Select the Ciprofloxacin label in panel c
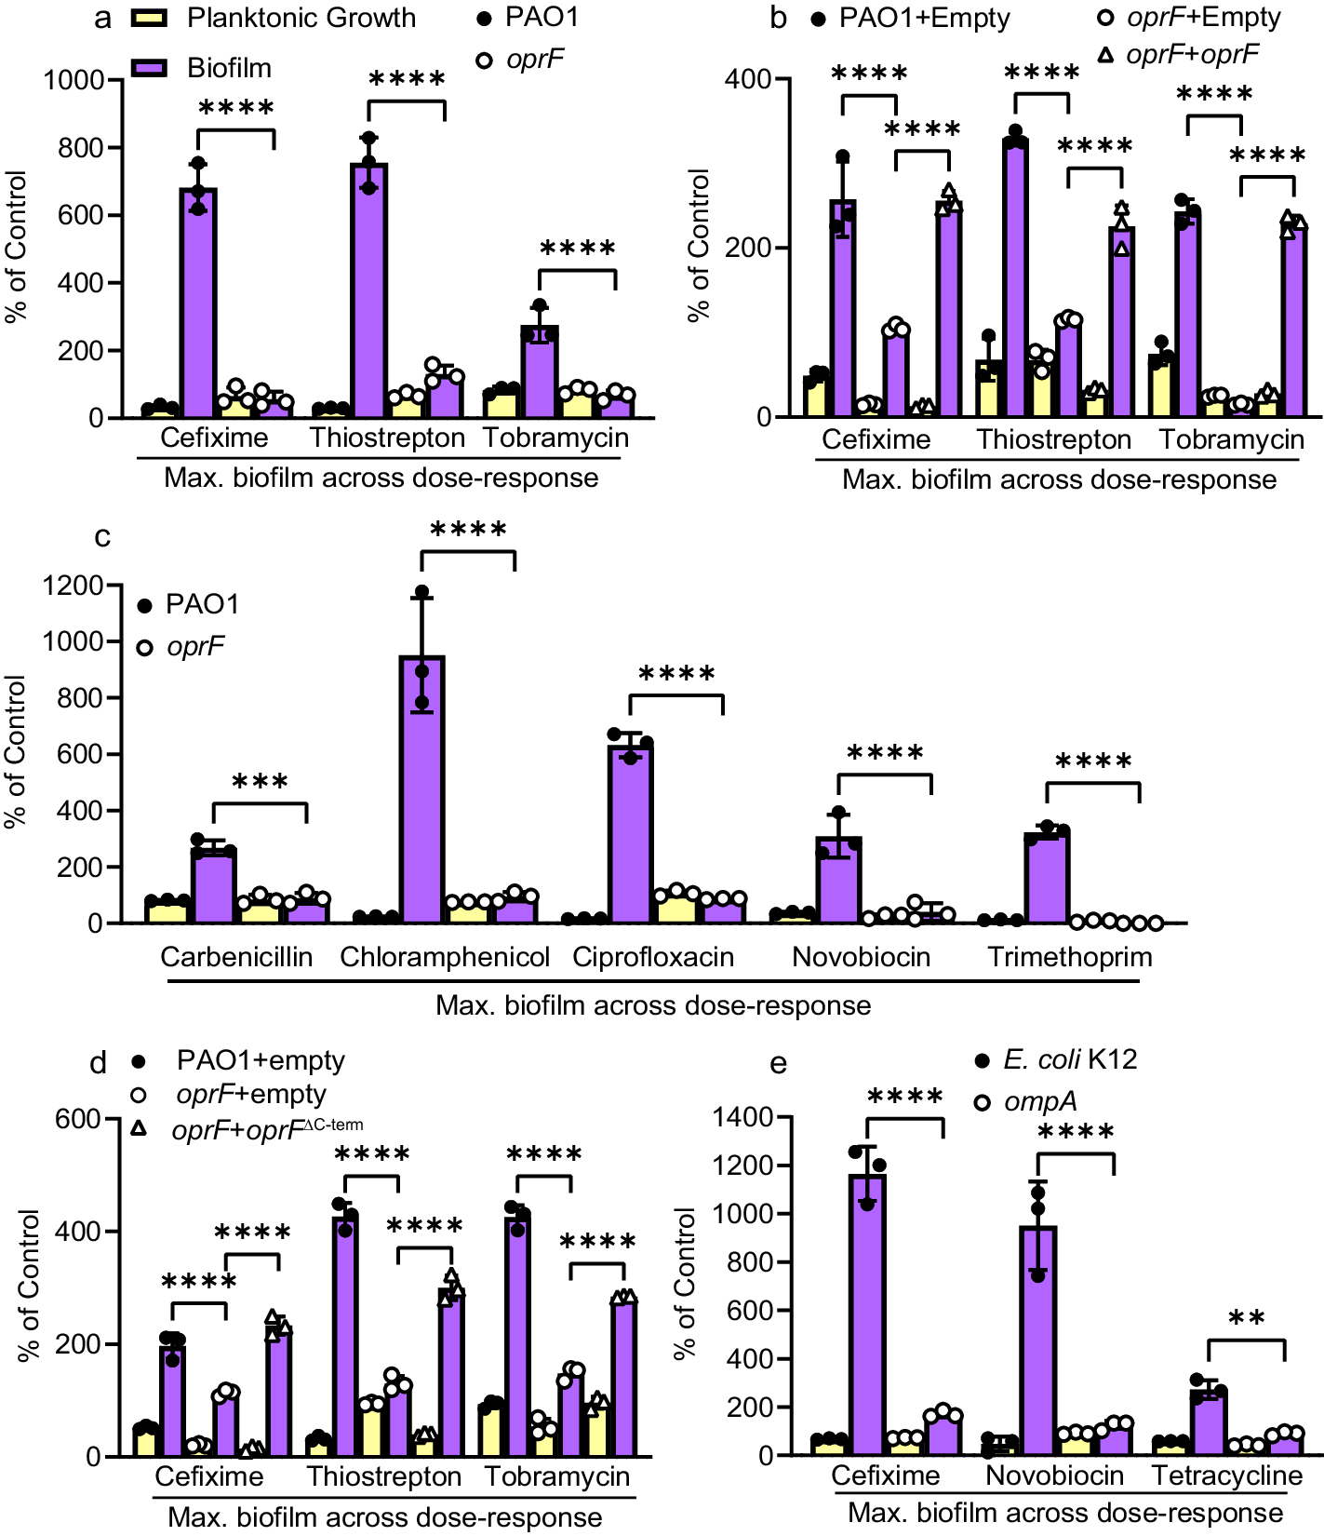click(x=652, y=957)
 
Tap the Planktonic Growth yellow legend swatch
click(x=149, y=18)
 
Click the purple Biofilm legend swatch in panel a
click(x=149, y=68)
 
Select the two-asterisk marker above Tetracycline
click(x=1246, y=1320)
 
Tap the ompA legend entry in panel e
click(x=1039, y=1101)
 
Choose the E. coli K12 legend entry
click(x=1069, y=1060)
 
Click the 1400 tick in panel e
click(x=742, y=1117)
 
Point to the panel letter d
click(x=99, y=1063)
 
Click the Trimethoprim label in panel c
click(x=1069, y=957)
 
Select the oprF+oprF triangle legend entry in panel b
click(x=1191, y=55)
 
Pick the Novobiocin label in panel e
click(x=1054, y=1475)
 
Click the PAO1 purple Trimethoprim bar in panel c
click(x=1047, y=877)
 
